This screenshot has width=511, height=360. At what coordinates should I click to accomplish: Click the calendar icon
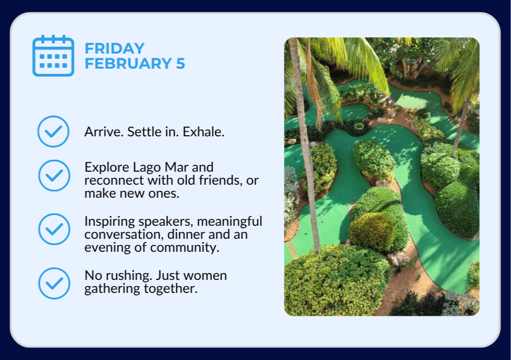[54, 56]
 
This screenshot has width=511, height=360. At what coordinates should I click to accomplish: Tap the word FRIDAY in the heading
[114, 48]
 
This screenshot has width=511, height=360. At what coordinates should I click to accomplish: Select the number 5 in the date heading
[180, 63]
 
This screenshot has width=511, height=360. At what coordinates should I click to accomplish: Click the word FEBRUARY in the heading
[128, 63]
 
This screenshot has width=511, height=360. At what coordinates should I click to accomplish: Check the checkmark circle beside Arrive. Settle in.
[53, 132]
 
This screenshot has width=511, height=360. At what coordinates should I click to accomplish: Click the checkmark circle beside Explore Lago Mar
[54, 175]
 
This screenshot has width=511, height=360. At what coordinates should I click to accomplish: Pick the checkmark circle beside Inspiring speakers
[54, 229]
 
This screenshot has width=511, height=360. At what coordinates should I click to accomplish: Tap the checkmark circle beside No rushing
[54, 284]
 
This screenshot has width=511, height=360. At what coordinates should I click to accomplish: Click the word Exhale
[203, 132]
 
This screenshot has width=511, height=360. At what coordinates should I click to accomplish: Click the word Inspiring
[110, 222]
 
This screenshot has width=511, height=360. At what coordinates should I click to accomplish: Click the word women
[205, 276]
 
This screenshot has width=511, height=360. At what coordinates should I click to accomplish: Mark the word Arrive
[104, 132]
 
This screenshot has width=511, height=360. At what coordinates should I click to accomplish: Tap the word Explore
[107, 168]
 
